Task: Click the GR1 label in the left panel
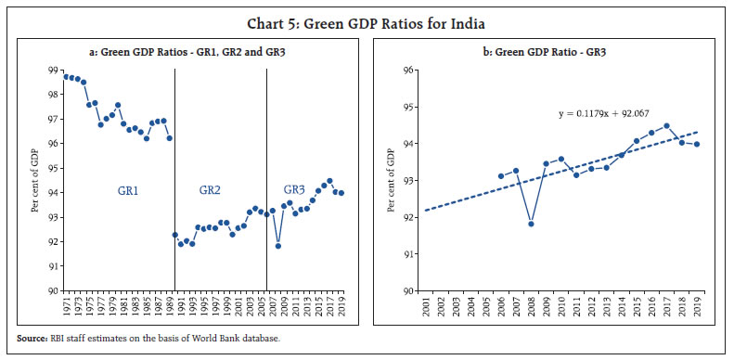tap(130, 189)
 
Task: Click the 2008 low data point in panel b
tap(531, 224)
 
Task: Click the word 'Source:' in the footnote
tap(31, 338)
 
